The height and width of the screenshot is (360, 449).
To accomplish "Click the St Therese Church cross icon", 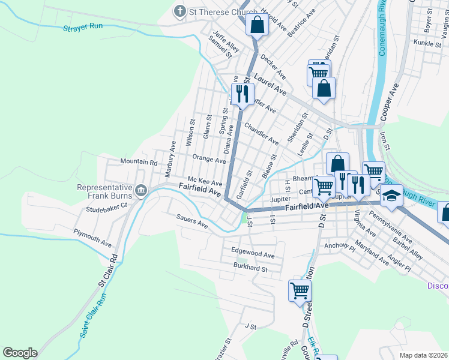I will (179, 11).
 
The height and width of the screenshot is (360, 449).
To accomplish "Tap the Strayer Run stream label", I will (83, 28).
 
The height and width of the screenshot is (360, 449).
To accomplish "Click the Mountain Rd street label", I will (139, 162).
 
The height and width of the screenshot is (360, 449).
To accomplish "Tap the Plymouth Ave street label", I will (92, 238).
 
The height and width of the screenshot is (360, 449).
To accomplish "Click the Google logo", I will (20, 353).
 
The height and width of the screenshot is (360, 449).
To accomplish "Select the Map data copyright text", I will (423, 355).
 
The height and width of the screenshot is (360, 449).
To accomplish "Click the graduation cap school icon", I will (391, 196).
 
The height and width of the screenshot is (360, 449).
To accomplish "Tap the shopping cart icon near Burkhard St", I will (300, 290).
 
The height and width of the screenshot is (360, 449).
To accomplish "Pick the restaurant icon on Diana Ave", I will (242, 94).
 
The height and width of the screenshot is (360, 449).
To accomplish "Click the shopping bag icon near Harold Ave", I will (256, 25).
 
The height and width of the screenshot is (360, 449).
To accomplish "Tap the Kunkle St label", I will (427, 43).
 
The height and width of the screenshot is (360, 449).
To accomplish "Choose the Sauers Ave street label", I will (191, 221).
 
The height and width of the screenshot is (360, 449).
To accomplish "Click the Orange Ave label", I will (209, 160).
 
